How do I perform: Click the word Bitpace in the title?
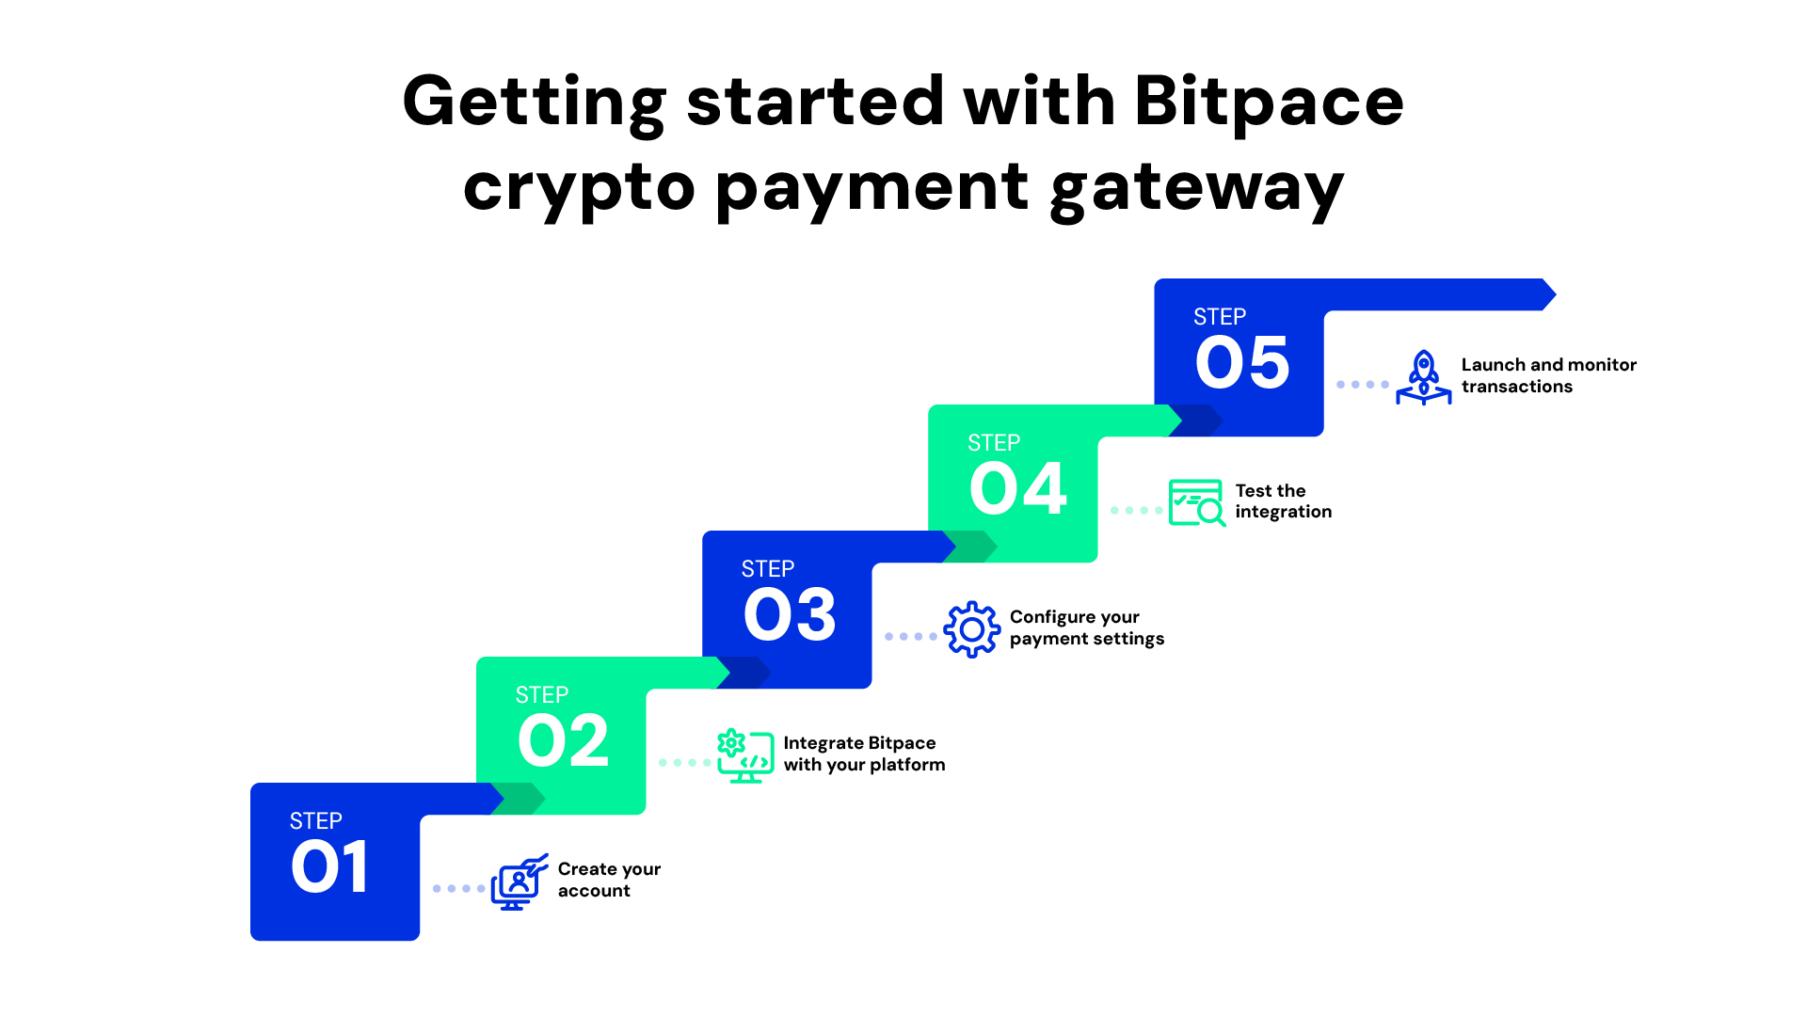[1269, 102]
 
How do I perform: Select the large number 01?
[329, 866]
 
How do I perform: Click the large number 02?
[563, 740]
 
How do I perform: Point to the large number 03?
[789, 614]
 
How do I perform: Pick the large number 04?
[1017, 488]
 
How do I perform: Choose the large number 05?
[1242, 362]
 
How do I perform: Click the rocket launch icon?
[1423, 377]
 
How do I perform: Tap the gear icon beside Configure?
[971, 629]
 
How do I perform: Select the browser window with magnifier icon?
[1196, 502]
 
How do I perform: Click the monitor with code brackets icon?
[745, 756]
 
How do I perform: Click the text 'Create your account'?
[609, 880]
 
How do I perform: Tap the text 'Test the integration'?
[1283, 501]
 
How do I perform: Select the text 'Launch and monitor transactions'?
[1548, 375]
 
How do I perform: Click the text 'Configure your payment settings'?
[1086, 627]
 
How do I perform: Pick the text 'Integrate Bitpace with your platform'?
[863, 754]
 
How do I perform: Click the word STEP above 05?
[1220, 317]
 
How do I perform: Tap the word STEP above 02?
[542, 695]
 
